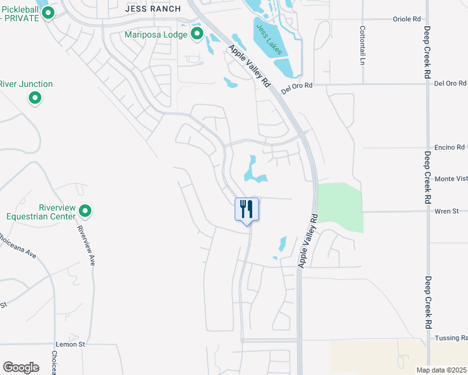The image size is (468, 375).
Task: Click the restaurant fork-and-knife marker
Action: coord(247,209)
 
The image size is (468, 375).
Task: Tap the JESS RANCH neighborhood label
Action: coord(153,9)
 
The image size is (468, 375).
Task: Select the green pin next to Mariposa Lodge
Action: coord(197,34)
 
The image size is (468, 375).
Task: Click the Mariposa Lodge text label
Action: coord(156,34)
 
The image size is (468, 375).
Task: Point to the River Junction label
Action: coord(26,84)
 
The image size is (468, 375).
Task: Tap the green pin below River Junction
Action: coord(35,98)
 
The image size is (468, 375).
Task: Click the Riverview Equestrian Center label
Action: coord(41,212)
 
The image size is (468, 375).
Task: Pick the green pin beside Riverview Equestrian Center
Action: coord(86,211)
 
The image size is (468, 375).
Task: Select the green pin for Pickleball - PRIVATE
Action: coord(48,13)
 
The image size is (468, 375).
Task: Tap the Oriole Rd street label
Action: coord(407,19)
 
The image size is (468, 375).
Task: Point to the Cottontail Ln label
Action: coord(362,46)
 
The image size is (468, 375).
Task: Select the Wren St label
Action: coord(447,211)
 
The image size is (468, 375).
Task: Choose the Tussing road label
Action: coord(452,337)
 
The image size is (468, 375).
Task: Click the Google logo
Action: coord(21,367)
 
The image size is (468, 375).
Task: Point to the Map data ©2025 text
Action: coord(442,370)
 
